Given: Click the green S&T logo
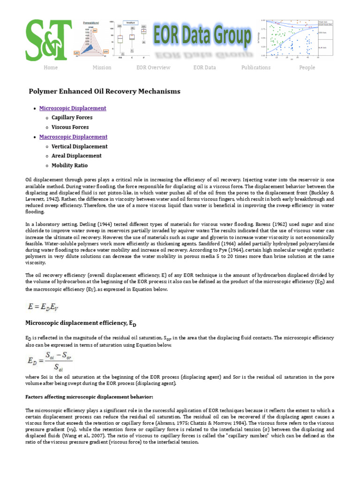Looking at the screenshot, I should pyautogui.click(x=49, y=40).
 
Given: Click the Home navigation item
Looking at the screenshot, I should pyautogui.click(x=51, y=67).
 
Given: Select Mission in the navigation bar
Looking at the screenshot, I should pyautogui.click(x=102, y=67).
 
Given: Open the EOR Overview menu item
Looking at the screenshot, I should pyautogui.click(x=153, y=67).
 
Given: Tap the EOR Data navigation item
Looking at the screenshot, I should pyautogui.click(x=204, y=67).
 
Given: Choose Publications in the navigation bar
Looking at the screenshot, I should pyautogui.click(x=255, y=67).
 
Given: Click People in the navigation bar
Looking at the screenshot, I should pyautogui.click(x=307, y=67).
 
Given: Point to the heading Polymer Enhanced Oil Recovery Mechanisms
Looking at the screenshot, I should pyautogui.click(x=105, y=91).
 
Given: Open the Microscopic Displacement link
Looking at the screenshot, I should pyautogui.click(x=73, y=108).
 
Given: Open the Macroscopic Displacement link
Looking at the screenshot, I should pyautogui.click(x=73, y=137).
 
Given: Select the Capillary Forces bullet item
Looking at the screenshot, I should pyautogui.click(x=72, y=118).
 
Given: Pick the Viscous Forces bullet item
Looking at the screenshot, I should pyautogui.click(x=70, y=127).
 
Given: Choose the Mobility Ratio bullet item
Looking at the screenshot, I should pyautogui.click(x=69, y=165).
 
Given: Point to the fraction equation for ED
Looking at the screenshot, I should pyautogui.click(x=50, y=362).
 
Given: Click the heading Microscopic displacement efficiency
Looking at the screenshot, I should pyautogui.click(x=80, y=323).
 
